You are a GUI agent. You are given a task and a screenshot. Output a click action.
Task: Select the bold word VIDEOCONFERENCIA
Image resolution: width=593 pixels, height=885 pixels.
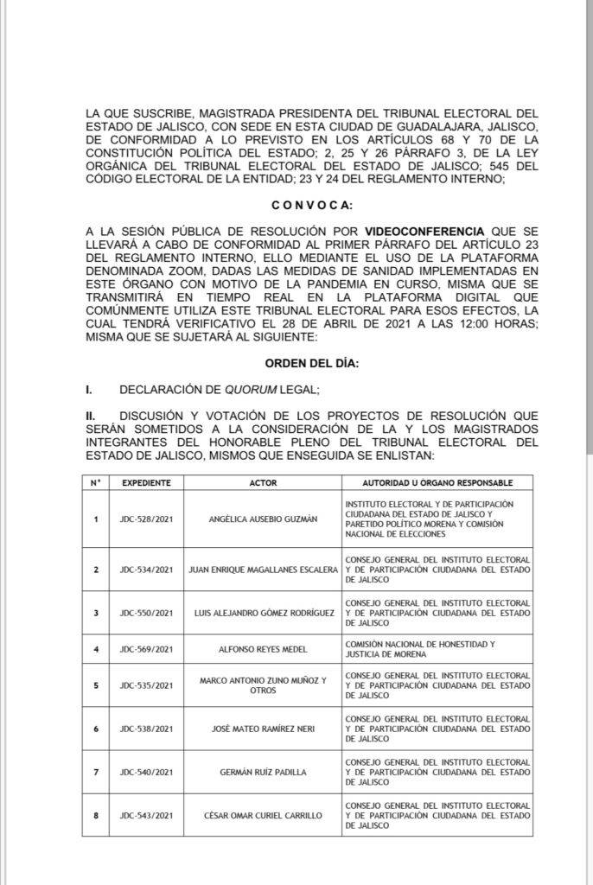coord(424,232)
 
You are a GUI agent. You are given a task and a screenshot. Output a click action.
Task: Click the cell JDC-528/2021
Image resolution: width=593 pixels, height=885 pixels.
coord(146,519)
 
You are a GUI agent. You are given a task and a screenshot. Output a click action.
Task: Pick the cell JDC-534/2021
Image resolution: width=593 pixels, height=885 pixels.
coord(146,570)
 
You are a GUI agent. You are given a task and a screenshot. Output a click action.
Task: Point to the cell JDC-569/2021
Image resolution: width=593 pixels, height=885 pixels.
coord(146,650)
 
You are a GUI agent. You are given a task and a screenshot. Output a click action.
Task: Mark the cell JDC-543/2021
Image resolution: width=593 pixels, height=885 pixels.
coord(146,815)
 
